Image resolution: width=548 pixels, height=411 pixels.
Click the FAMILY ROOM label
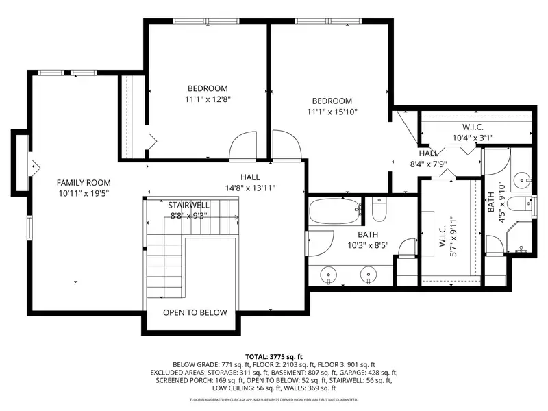point(84,182)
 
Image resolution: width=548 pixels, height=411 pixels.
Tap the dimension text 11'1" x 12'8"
point(208,99)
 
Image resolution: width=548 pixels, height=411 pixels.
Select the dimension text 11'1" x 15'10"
point(332,112)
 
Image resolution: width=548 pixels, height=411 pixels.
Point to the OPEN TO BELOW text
point(195,312)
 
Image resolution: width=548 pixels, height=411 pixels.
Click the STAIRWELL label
point(189,205)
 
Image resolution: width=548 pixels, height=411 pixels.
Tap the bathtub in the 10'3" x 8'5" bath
point(335,211)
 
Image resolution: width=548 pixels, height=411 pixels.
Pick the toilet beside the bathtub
point(379,210)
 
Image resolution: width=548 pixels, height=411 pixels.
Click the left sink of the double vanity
point(328,273)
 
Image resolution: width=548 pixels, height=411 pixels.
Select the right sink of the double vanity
point(369,273)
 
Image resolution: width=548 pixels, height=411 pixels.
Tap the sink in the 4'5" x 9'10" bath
point(522,181)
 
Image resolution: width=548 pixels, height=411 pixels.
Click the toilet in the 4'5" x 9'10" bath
point(519,203)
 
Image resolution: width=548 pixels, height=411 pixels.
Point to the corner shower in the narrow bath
point(519,236)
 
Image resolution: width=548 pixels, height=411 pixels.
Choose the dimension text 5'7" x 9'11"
point(453,236)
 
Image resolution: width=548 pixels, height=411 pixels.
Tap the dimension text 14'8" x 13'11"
point(250,188)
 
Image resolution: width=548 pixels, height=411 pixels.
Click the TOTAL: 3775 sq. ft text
point(274,357)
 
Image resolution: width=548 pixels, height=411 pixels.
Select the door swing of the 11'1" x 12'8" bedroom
point(243,146)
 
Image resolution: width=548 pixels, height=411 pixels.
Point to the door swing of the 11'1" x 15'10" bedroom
point(286,145)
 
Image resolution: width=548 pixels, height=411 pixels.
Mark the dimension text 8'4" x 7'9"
point(429,164)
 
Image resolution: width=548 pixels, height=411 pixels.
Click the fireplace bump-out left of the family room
point(21,163)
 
